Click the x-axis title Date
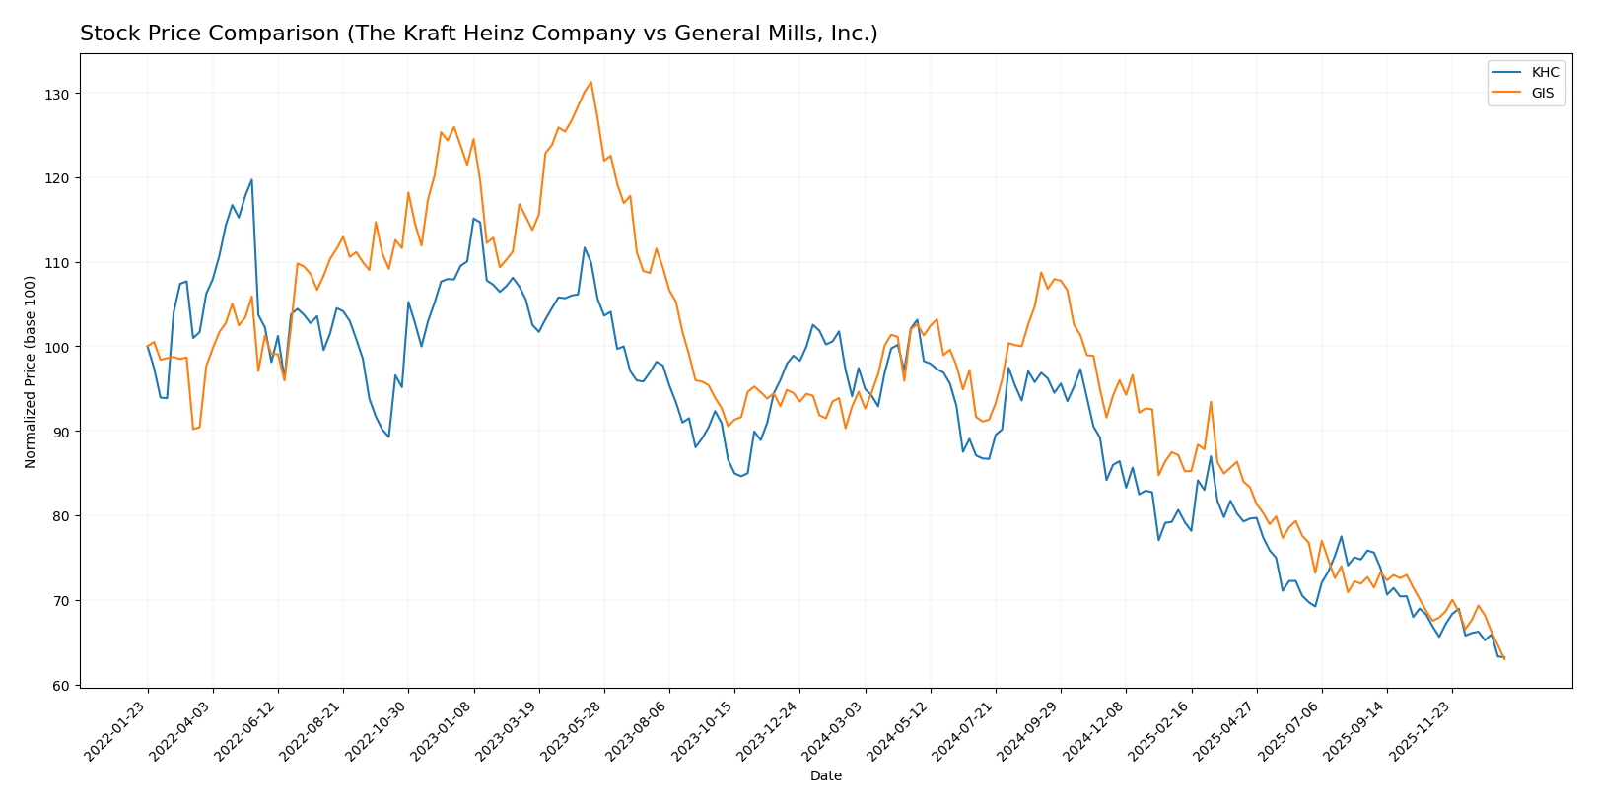825,776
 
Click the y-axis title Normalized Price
31,371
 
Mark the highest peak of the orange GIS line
590,82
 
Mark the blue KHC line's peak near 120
251,179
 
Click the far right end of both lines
1503,657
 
